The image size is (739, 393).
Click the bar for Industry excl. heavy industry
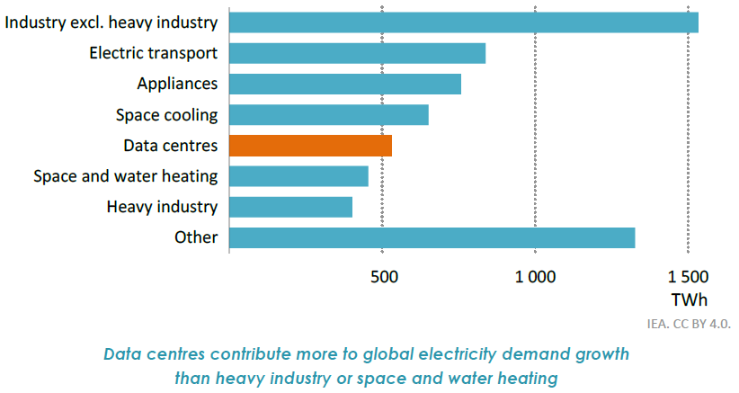(464, 22)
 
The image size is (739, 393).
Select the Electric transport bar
(358, 53)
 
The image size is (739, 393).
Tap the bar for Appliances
(345, 84)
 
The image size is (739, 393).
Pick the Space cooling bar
(329, 114)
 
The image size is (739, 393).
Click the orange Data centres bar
(311, 146)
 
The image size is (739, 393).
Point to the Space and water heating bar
(299, 176)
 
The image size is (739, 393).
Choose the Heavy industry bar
(291, 207)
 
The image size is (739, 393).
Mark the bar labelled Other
(432, 237)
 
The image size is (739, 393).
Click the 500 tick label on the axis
(384, 277)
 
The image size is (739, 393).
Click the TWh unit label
(688, 299)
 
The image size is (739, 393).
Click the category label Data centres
(171, 146)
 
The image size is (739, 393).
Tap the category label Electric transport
(154, 53)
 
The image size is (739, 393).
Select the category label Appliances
(177, 84)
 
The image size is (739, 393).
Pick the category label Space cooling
(167, 115)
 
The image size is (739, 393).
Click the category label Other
(197, 237)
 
